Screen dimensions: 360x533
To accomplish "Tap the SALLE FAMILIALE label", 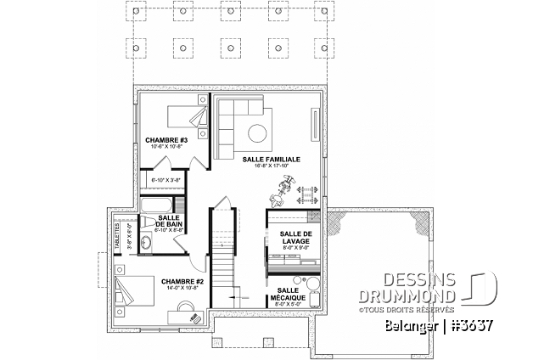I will tap(271, 159).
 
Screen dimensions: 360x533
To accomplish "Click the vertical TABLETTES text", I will tap(118, 230).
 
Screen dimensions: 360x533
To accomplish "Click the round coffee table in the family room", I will tap(258, 132).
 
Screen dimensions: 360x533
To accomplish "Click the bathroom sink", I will tap(145, 243).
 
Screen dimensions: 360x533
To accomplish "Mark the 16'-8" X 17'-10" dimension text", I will tap(271, 166).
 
